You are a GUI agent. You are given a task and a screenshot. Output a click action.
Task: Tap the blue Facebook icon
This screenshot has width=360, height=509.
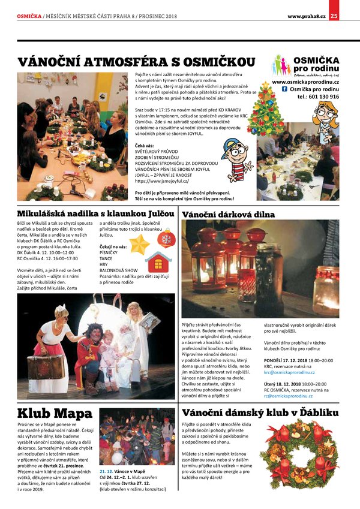pyautogui.click(x=284, y=89)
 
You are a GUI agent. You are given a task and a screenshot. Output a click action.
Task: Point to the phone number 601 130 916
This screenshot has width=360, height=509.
pyautogui.click(x=322, y=97)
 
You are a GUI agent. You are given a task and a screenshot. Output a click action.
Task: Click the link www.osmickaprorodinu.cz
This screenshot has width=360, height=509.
pyautogui.click(x=305, y=82)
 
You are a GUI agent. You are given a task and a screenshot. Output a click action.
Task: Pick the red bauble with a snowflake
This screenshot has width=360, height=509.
pyautogui.click(x=166, y=238)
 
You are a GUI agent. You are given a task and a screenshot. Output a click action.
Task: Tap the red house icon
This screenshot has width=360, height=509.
pyautogui.click(x=158, y=261)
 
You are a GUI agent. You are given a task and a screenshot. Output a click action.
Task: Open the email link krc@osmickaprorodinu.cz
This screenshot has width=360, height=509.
pyautogui.click(x=290, y=372)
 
